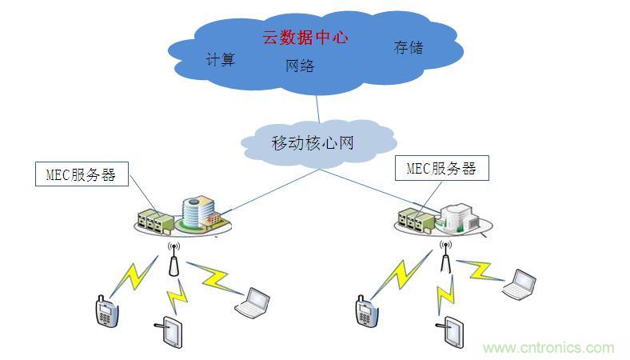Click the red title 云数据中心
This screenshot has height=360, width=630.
(306, 38)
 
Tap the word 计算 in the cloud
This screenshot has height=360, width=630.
(221, 59)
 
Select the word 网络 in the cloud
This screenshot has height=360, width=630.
(300, 66)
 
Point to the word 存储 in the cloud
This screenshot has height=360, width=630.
(408, 47)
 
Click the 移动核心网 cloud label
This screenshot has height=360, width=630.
(312, 143)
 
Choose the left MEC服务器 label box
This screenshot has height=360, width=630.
(82, 174)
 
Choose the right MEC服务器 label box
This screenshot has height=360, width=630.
(441, 168)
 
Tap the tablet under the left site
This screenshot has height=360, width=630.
(170, 334)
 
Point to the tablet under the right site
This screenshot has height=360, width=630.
(453, 332)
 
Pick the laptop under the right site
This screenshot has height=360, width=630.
(519, 283)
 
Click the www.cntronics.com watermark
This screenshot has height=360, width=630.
(548, 347)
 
